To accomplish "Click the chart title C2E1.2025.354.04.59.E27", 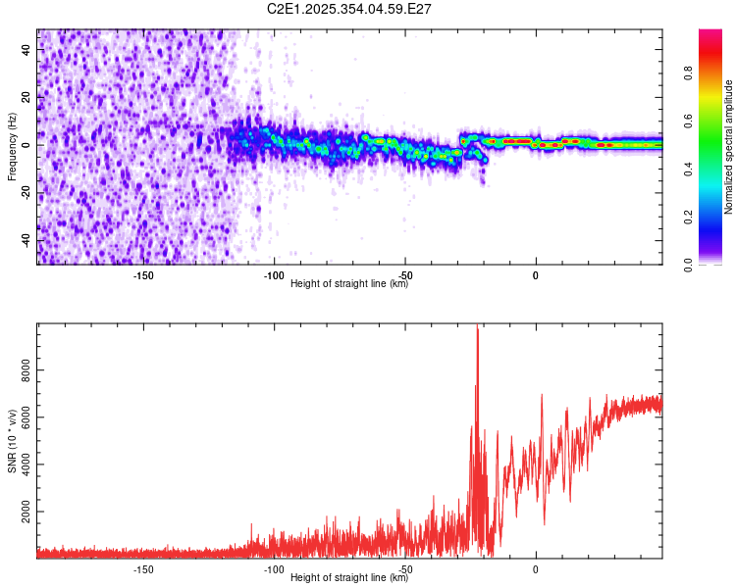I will coord(350,9).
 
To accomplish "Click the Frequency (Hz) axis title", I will coord(12,147).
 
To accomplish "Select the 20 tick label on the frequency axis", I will coord(26,97).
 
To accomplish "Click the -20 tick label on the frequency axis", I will coord(26,192).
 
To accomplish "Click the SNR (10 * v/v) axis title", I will coord(12,441).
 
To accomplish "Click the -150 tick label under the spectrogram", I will coord(143,275).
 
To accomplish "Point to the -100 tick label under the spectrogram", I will coord(274,275).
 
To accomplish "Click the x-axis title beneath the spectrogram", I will coord(349,284).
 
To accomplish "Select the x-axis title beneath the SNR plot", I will coord(349,578).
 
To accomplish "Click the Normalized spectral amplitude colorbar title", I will coord(729,147).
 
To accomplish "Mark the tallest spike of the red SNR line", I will coord(477,327).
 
